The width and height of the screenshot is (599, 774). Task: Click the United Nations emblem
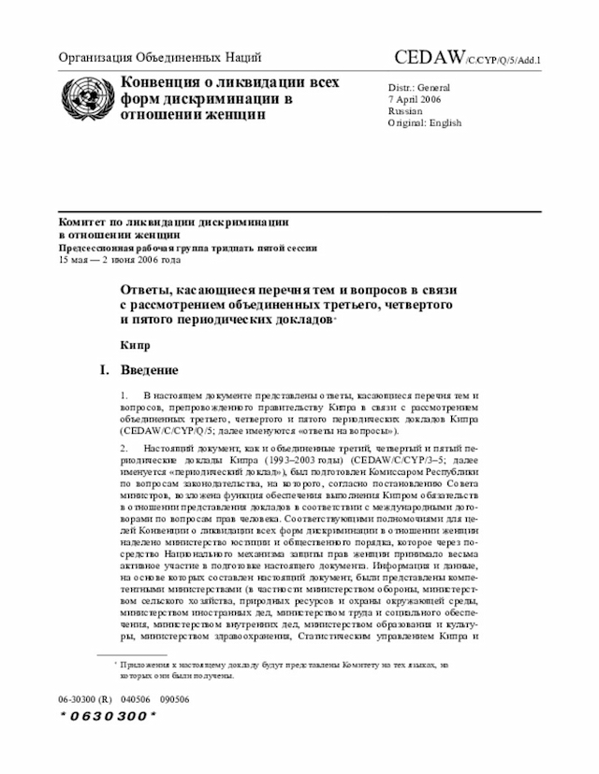tap(83, 96)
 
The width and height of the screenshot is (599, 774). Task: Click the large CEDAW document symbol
tap(431, 58)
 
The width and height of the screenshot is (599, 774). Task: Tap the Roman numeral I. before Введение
tap(106, 370)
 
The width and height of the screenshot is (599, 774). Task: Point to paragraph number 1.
tap(124, 397)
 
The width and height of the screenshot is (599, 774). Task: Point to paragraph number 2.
tap(124, 450)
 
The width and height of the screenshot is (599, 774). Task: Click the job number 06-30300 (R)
tap(84, 697)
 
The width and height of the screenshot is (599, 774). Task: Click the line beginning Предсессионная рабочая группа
tap(187, 248)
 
